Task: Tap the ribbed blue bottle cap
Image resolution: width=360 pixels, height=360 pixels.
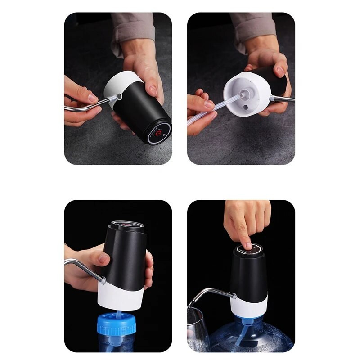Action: pyautogui.click(x=117, y=324)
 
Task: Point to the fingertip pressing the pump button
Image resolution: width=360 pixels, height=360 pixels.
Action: pyautogui.click(x=247, y=245)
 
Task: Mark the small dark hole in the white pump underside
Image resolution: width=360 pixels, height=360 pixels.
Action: pyautogui.click(x=247, y=108)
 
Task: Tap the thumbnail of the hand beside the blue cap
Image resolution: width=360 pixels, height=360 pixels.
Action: pyautogui.click(x=104, y=258)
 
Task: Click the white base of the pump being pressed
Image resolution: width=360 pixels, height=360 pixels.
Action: pyautogui.click(x=249, y=306)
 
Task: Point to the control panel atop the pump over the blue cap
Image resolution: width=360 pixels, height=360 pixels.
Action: pyautogui.click(x=128, y=224)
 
